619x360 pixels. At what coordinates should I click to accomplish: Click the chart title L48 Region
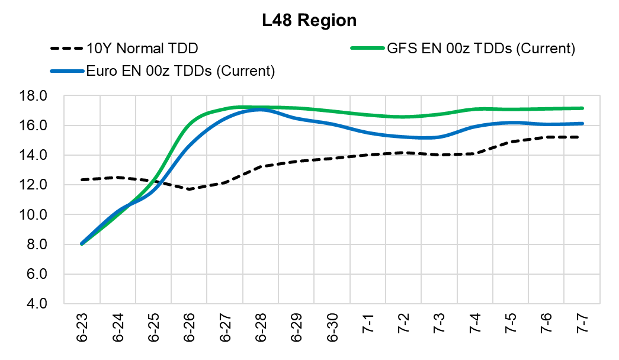point(310,20)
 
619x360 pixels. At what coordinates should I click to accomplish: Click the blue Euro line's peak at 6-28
point(261,110)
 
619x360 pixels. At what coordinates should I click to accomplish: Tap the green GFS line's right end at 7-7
point(582,108)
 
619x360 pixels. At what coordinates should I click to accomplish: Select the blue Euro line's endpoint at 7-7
point(582,124)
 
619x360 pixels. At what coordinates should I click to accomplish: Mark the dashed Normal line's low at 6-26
point(190,189)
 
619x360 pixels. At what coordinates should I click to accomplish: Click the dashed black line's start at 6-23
point(82,179)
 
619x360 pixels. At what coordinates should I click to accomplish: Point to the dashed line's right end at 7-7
point(582,137)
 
